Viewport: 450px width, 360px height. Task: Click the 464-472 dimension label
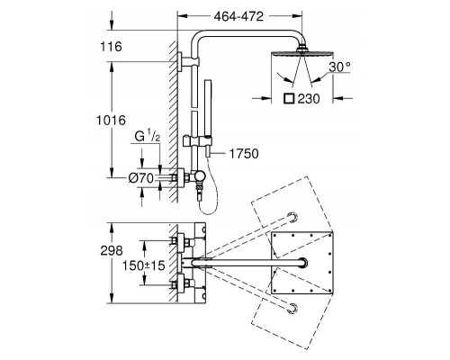238,16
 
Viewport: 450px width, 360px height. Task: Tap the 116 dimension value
111,47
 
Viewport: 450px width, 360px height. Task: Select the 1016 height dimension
111,121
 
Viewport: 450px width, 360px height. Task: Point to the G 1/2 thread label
148,137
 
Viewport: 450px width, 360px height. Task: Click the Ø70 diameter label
141,178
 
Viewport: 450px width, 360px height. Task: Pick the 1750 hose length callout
244,154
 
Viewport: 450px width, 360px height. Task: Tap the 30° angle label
339,67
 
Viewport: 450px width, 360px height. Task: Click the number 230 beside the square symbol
309,99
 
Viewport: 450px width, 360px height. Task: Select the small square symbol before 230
290,99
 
